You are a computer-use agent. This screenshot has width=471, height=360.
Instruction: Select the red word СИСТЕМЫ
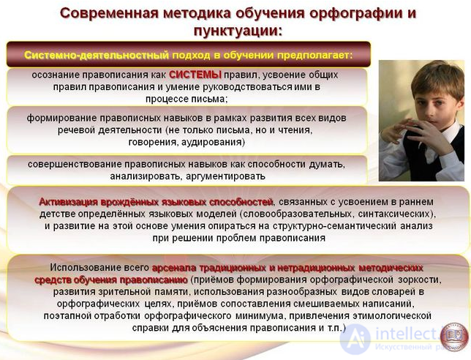(x=195, y=75)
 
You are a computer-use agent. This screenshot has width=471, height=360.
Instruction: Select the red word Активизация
(x=69, y=202)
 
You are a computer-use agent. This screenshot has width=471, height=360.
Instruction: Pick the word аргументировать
(x=225, y=176)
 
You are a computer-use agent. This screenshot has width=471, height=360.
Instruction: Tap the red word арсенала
(x=174, y=268)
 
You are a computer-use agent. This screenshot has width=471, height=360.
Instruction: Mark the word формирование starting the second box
(x=61, y=118)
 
